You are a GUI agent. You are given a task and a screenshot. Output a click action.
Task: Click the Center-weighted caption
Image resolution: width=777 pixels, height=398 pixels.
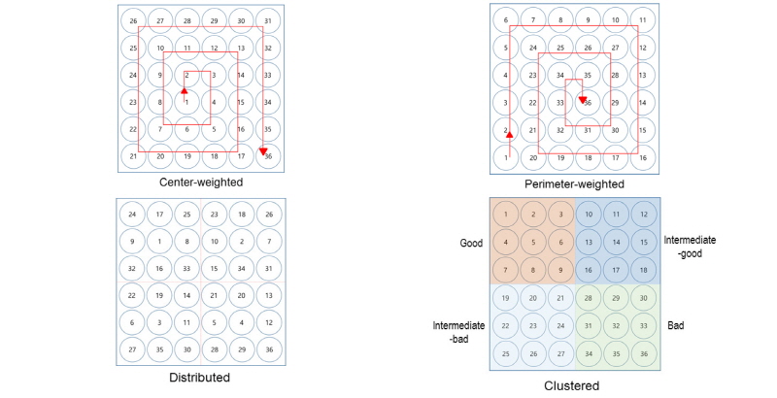click(202, 182)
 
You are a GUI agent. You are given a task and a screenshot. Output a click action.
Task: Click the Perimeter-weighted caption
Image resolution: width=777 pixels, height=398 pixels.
click(574, 183)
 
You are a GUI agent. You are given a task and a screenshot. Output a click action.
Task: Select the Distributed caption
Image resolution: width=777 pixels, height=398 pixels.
click(202, 377)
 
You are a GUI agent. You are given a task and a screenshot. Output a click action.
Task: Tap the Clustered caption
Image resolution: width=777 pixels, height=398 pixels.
click(574, 385)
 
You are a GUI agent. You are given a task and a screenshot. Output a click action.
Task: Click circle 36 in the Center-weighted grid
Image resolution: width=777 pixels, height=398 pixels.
click(268, 156)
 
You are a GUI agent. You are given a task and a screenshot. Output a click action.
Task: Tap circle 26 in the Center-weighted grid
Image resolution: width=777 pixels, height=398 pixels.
click(133, 20)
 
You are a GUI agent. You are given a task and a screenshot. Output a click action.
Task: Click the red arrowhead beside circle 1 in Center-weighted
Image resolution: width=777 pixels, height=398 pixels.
click(183, 90)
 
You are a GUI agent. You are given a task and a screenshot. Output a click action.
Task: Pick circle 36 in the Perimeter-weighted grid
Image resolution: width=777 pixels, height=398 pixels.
click(587, 102)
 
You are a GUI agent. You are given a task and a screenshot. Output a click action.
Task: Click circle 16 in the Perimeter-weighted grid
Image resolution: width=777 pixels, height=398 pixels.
click(641, 156)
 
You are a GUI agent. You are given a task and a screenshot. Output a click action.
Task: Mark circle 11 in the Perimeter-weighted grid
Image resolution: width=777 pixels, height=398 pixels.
click(641, 20)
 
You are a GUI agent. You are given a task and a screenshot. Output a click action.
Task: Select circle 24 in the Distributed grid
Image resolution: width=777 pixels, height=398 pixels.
click(133, 215)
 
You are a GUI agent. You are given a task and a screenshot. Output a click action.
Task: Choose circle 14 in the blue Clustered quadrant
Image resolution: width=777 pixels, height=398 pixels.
click(614, 239)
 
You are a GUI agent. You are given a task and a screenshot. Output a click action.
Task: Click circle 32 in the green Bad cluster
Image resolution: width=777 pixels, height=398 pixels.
click(614, 327)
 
